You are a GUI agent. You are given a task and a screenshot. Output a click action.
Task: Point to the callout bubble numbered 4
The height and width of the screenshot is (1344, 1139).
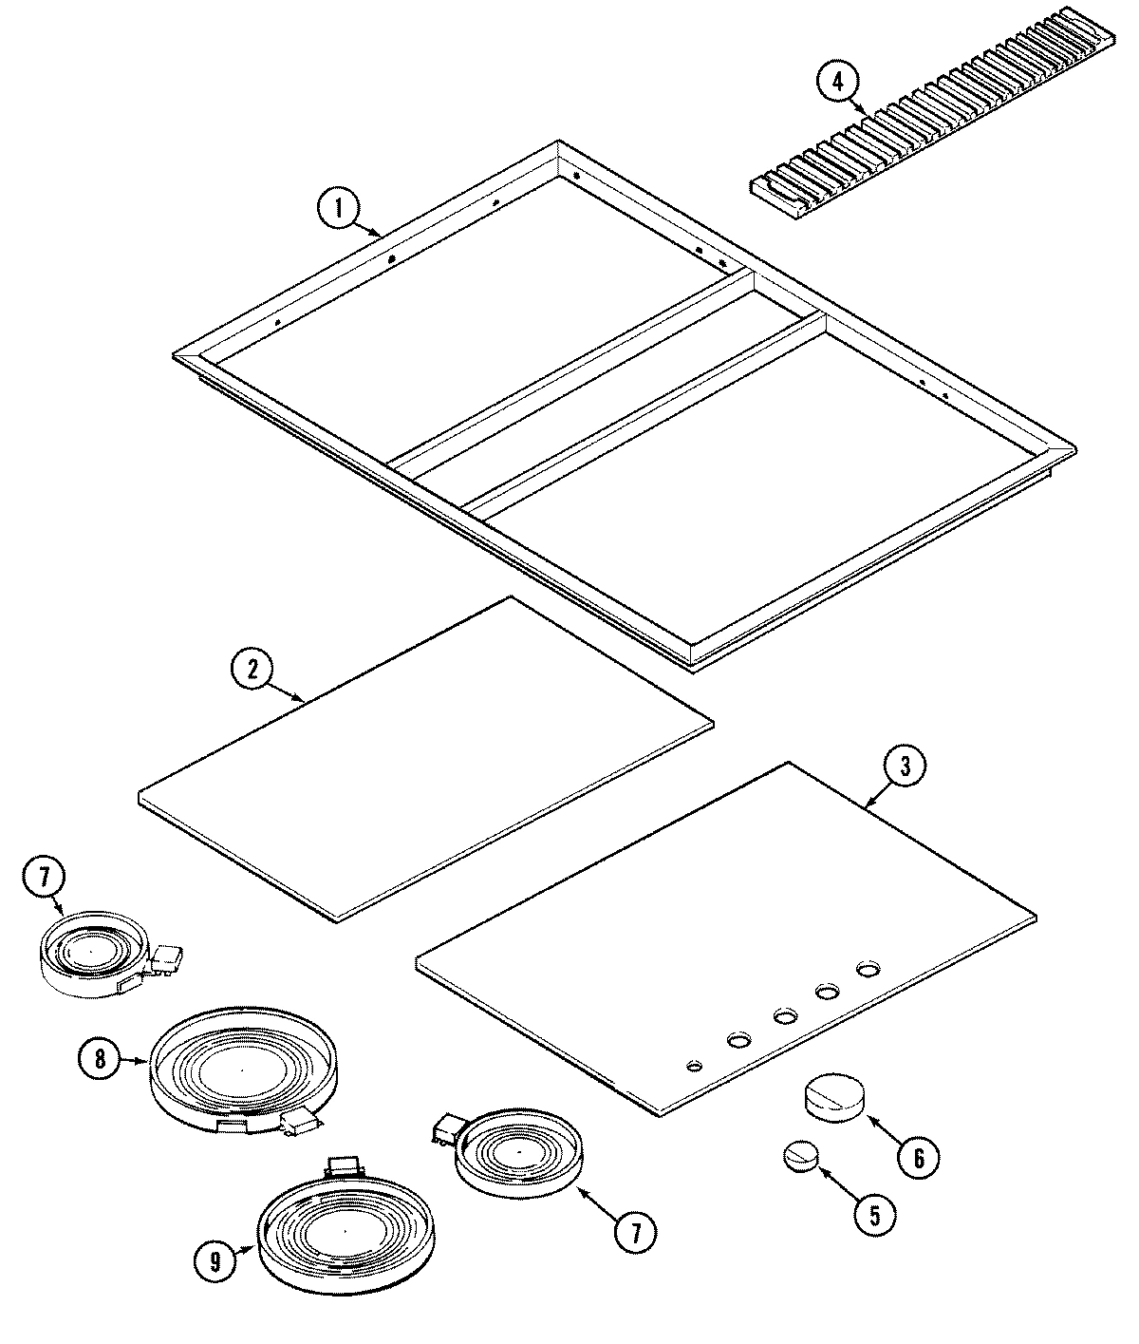coord(836,82)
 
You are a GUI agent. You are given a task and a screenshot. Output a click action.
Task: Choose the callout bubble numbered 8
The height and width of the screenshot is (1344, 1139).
coord(102,1058)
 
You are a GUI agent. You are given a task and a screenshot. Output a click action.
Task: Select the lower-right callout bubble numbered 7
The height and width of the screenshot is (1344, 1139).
coord(633,1233)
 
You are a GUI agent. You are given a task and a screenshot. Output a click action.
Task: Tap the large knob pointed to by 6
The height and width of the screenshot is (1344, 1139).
coord(835,1099)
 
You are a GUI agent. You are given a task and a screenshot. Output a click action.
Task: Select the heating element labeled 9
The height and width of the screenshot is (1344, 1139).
coord(346,1235)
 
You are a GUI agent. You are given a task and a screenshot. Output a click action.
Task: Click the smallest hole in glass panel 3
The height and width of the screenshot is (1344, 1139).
coord(696,1066)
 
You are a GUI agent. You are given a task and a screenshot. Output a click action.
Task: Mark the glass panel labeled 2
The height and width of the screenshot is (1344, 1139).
coord(427,760)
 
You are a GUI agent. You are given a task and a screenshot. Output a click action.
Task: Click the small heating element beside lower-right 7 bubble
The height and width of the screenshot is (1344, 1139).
coord(519,1151)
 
